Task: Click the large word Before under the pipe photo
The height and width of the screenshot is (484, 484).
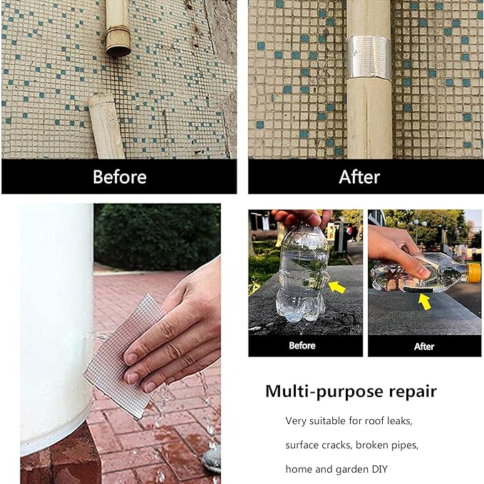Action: click(x=120, y=177)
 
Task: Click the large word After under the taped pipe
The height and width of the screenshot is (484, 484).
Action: click(x=359, y=177)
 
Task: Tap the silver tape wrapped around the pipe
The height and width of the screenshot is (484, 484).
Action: click(x=369, y=57)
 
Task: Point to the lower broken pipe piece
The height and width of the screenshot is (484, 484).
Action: click(x=106, y=127)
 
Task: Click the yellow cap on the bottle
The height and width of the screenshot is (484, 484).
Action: click(x=474, y=273)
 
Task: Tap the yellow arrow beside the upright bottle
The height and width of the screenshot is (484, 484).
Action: click(x=336, y=287)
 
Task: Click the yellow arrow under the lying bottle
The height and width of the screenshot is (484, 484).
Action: click(x=425, y=302)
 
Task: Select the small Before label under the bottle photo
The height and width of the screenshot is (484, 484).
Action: click(x=302, y=346)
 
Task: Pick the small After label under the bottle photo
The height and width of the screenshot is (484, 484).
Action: click(x=424, y=346)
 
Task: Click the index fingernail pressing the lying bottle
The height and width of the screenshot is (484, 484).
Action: click(x=424, y=273)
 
